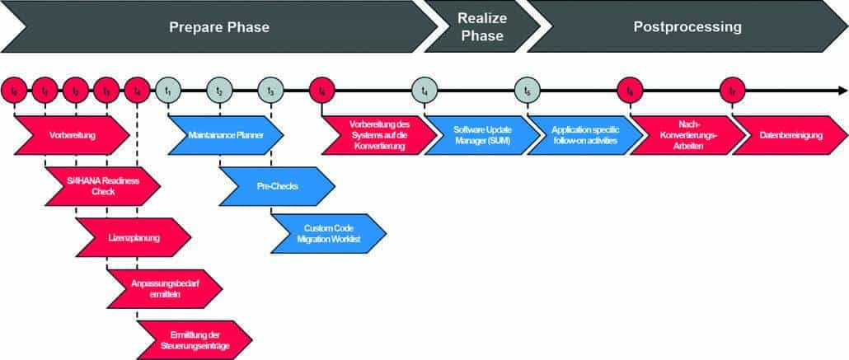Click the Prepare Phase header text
pyautogui.click(x=219, y=27)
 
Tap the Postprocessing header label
pyautogui.click(x=687, y=27)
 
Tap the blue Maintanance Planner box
pyautogui.click(x=226, y=134)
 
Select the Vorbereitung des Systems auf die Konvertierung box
pyautogui.click(x=379, y=134)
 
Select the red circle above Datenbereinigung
pyautogui.click(x=732, y=90)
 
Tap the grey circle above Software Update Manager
pyautogui.click(x=424, y=90)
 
